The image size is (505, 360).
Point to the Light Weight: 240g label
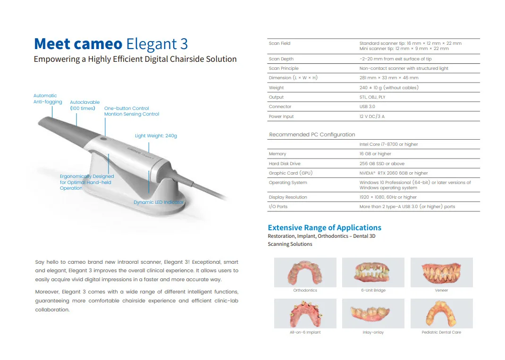[156, 136]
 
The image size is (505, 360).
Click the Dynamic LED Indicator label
[159, 202]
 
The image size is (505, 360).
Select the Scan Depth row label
[281, 59]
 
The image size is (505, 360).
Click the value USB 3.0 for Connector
[367, 107]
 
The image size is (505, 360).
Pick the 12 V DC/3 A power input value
[372, 117]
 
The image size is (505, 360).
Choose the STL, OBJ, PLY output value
[372, 97]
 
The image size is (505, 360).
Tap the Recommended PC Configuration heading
[312, 134]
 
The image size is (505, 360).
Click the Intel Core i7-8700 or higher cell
[388, 144]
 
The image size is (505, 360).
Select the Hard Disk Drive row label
[284, 164]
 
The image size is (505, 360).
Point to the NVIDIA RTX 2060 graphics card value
[394, 173]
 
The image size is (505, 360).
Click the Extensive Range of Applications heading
[324, 227]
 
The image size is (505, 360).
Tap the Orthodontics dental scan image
[305, 272]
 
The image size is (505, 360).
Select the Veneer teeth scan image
[441, 272]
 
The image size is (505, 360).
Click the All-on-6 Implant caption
[305, 332]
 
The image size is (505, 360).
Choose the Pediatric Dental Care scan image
[441, 314]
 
